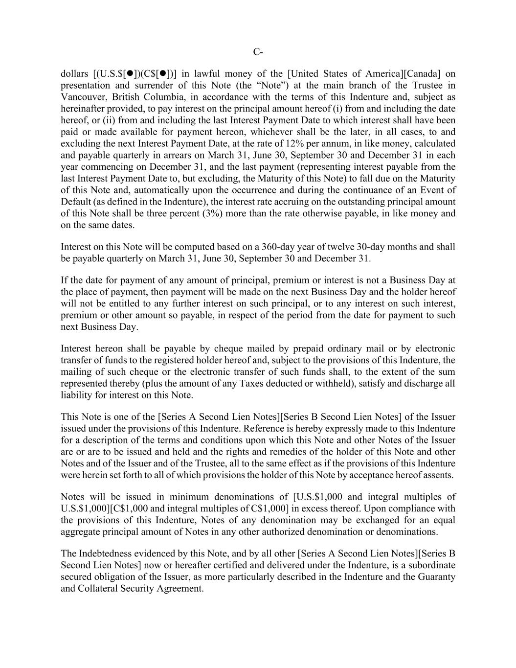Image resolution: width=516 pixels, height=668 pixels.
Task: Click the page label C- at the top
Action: click(258, 52)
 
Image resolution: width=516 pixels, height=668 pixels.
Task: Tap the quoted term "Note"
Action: click(266, 86)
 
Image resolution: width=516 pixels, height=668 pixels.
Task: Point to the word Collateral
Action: click(99, 589)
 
